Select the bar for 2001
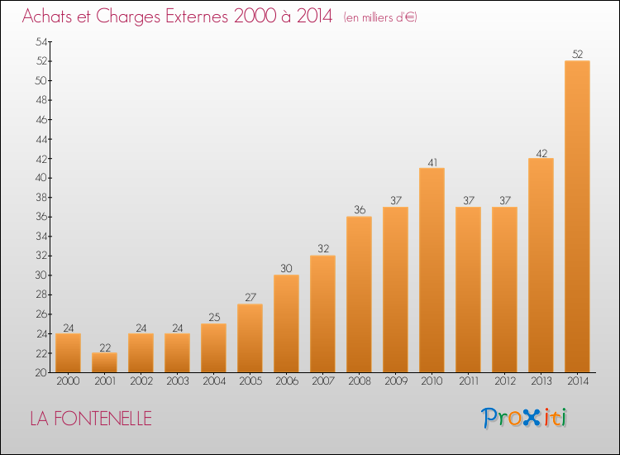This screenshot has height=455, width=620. [x=104, y=362]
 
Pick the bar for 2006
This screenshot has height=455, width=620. [x=286, y=323]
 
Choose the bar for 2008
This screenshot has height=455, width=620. [x=359, y=295]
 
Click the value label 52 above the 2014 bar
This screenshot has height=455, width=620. [x=577, y=55]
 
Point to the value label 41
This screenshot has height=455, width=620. [x=432, y=162]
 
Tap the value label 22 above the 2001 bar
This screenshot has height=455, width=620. [x=104, y=347]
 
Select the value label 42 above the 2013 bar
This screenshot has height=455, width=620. [x=541, y=152]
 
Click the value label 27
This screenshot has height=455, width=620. [x=250, y=298]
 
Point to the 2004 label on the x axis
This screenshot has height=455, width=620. [x=213, y=382]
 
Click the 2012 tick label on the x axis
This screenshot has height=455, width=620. [x=504, y=382]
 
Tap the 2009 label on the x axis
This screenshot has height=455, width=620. [x=395, y=382]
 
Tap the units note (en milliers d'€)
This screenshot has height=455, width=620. [x=380, y=17]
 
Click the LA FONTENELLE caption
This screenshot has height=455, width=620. [x=91, y=419]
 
